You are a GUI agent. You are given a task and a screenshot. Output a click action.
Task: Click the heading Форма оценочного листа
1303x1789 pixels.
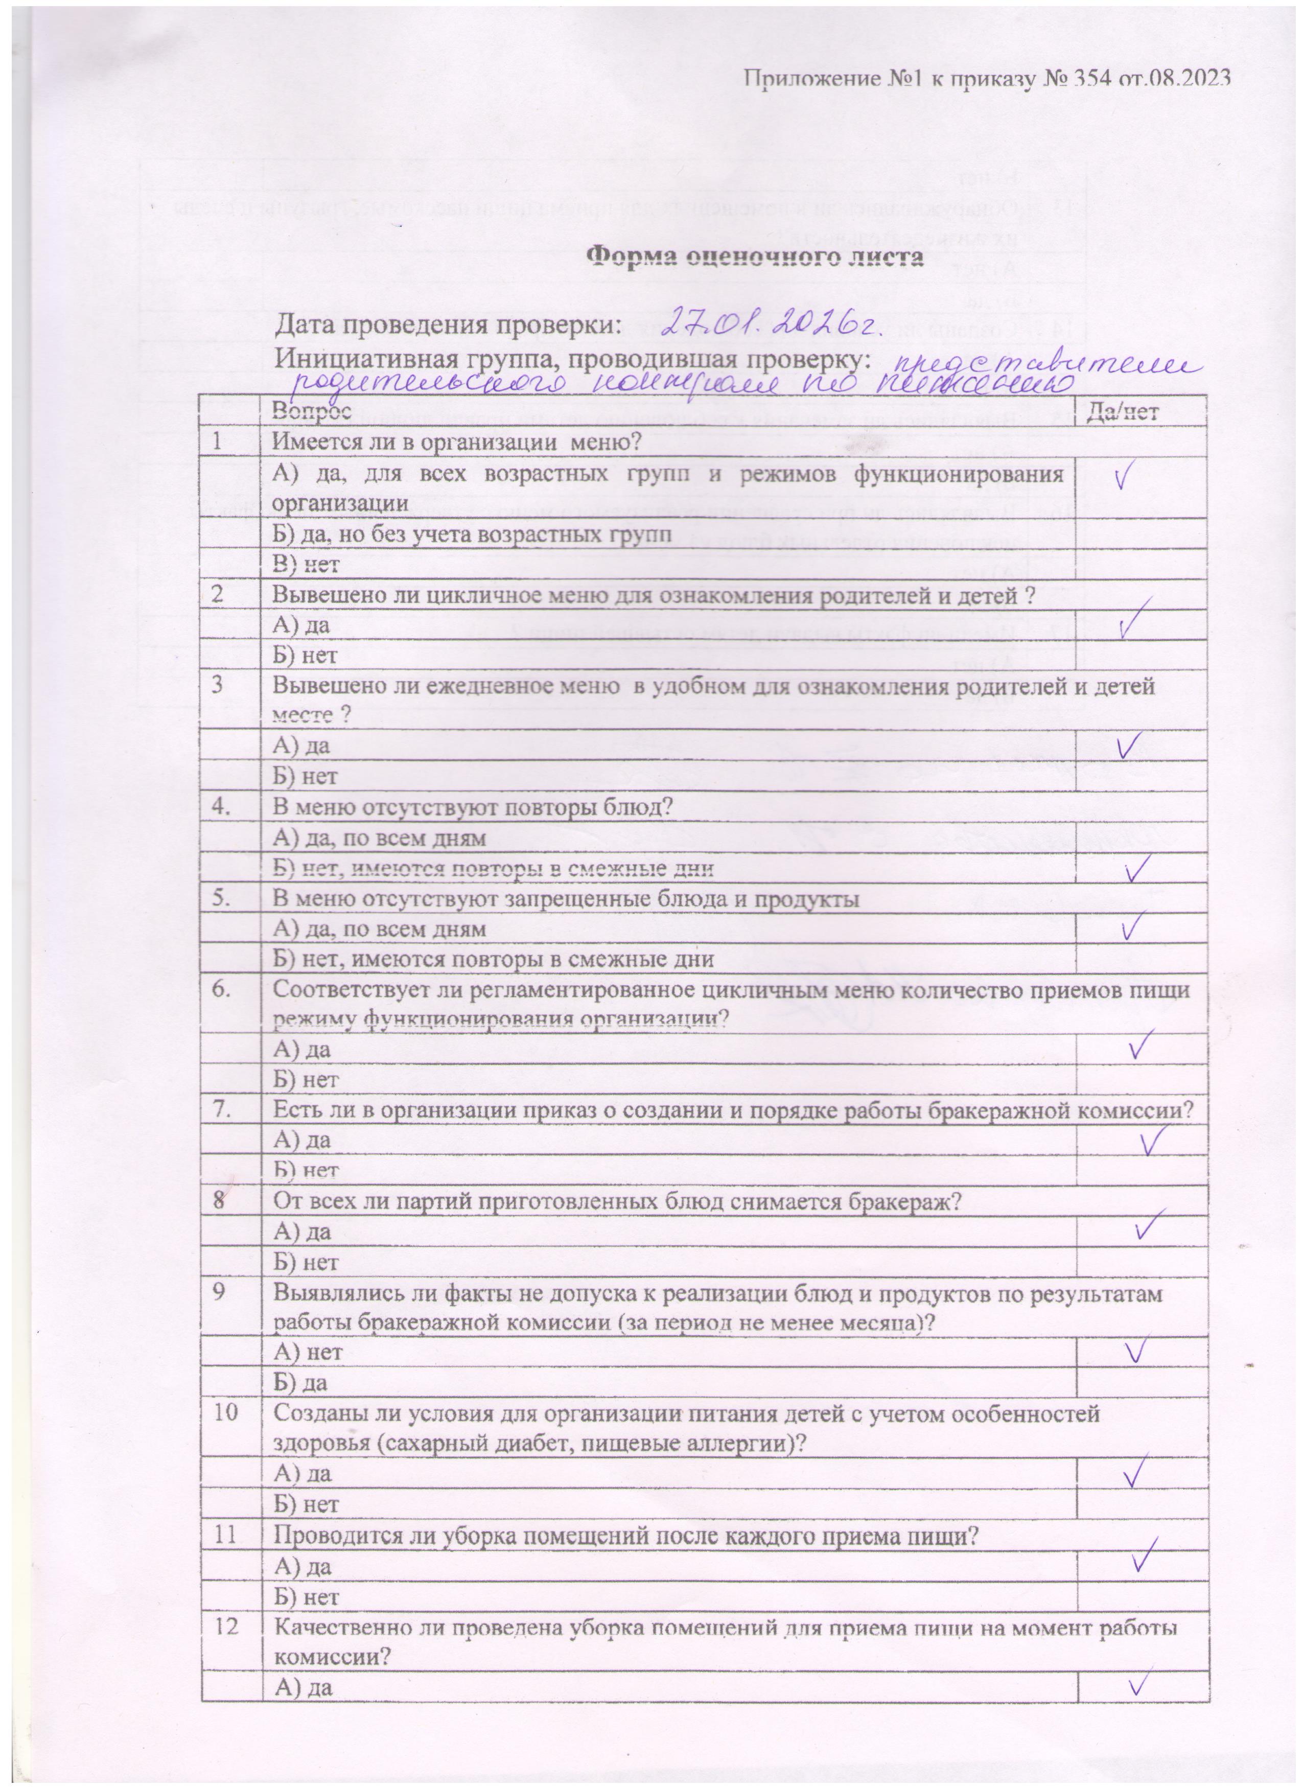pos(756,258)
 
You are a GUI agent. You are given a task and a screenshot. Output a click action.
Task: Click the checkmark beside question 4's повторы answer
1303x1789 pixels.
pos(1136,869)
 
